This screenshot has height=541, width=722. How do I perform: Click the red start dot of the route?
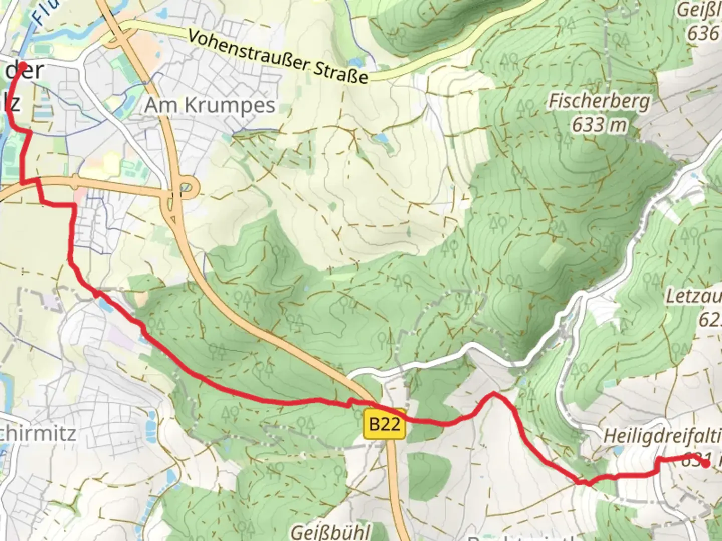click(22, 66)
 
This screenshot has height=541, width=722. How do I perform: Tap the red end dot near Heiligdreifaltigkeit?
click(705, 464)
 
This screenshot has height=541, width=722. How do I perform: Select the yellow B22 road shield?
click(385, 424)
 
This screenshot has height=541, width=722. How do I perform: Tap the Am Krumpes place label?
click(210, 105)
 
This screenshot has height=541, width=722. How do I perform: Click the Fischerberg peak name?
click(599, 101)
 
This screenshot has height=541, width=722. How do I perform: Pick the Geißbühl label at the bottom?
click(330, 531)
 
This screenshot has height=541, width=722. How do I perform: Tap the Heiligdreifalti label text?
click(662, 435)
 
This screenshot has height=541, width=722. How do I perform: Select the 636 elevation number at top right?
click(703, 33)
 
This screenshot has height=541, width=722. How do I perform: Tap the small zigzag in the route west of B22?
click(349, 401)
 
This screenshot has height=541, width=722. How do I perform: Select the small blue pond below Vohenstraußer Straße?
click(381, 137)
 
